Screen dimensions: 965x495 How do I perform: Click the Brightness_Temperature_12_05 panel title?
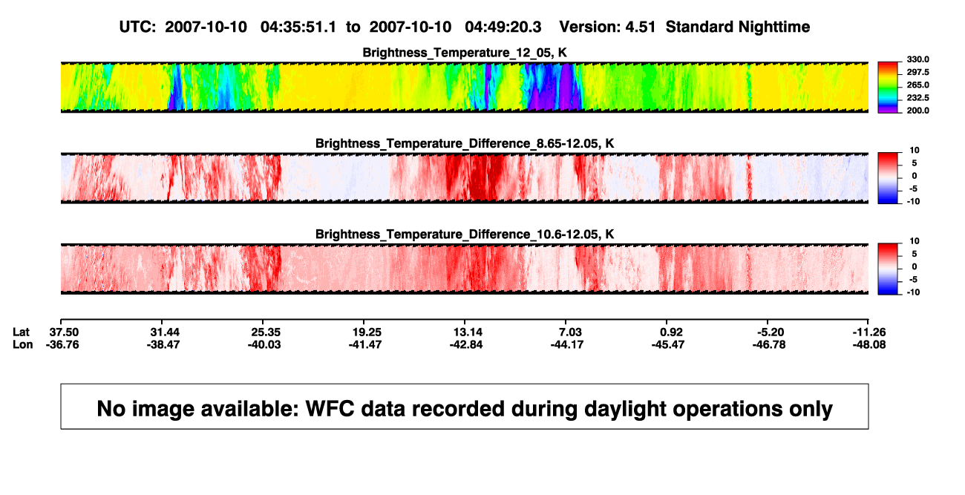pos(465,53)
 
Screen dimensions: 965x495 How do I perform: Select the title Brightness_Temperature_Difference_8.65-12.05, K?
pos(465,143)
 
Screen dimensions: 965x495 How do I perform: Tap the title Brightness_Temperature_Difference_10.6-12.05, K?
pos(465,235)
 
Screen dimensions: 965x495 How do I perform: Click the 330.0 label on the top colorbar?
pos(918,59)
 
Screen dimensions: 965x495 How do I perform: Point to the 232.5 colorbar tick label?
pos(918,98)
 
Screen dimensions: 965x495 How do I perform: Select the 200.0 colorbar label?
pos(918,111)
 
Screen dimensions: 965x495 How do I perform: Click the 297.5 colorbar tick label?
pos(918,73)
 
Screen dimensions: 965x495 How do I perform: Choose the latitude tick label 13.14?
pos(468,332)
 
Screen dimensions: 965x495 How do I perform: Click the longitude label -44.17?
pos(567,344)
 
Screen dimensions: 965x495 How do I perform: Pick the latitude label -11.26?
pos(869,332)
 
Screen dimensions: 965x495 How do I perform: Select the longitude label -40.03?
pos(264,344)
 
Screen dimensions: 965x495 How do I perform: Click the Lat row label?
pos(21,332)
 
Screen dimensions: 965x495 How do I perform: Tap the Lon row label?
pos(23,344)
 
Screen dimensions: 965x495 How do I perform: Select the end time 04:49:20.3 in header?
pos(503,27)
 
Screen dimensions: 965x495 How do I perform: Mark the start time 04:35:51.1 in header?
pos(298,27)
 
